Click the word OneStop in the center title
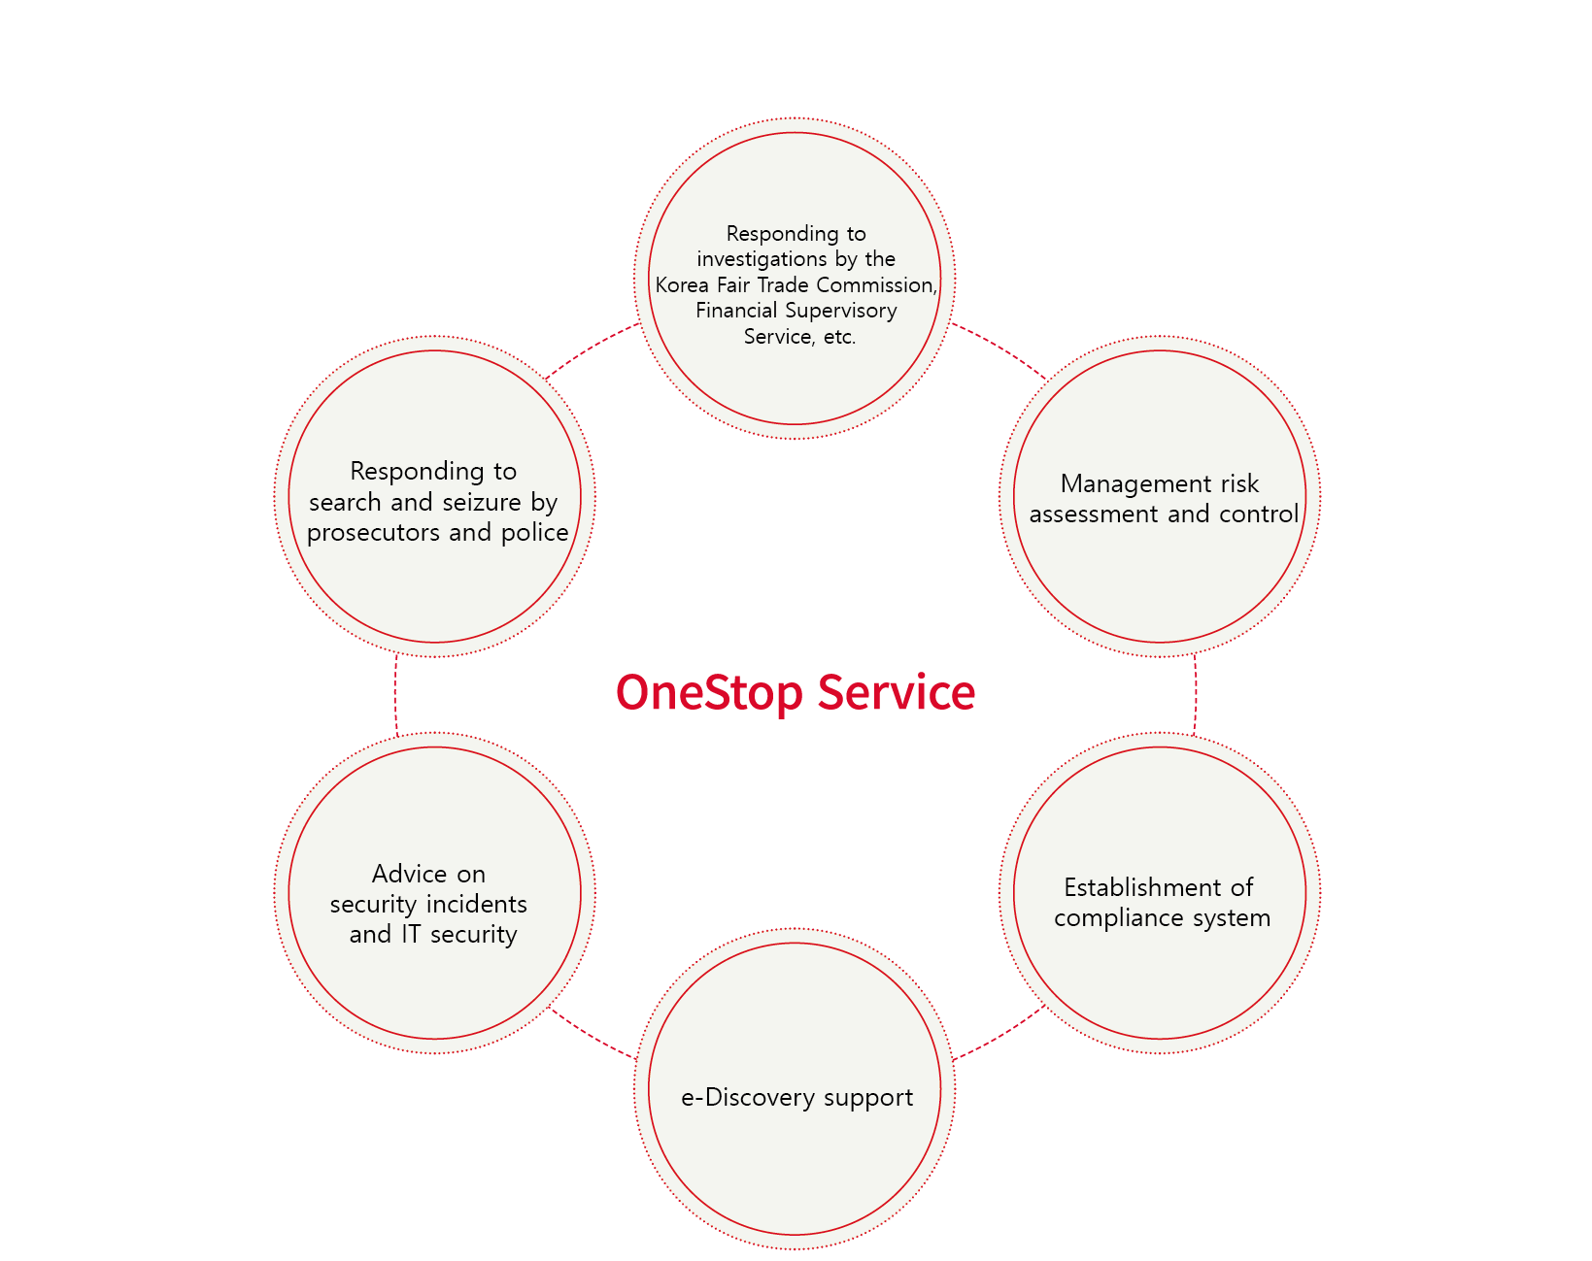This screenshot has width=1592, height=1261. click(x=709, y=693)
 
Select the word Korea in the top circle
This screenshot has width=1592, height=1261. click(x=681, y=284)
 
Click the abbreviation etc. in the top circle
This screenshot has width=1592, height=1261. click(x=839, y=337)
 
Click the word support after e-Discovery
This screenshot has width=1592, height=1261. click(x=868, y=1099)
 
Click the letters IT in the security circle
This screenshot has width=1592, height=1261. click(x=411, y=935)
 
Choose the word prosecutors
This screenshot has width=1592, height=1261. click(x=374, y=534)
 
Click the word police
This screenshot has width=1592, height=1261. click(x=535, y=533)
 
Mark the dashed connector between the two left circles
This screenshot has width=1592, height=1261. click(x=395, y=694)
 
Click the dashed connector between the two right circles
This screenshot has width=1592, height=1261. click(x=1196, y=694)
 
